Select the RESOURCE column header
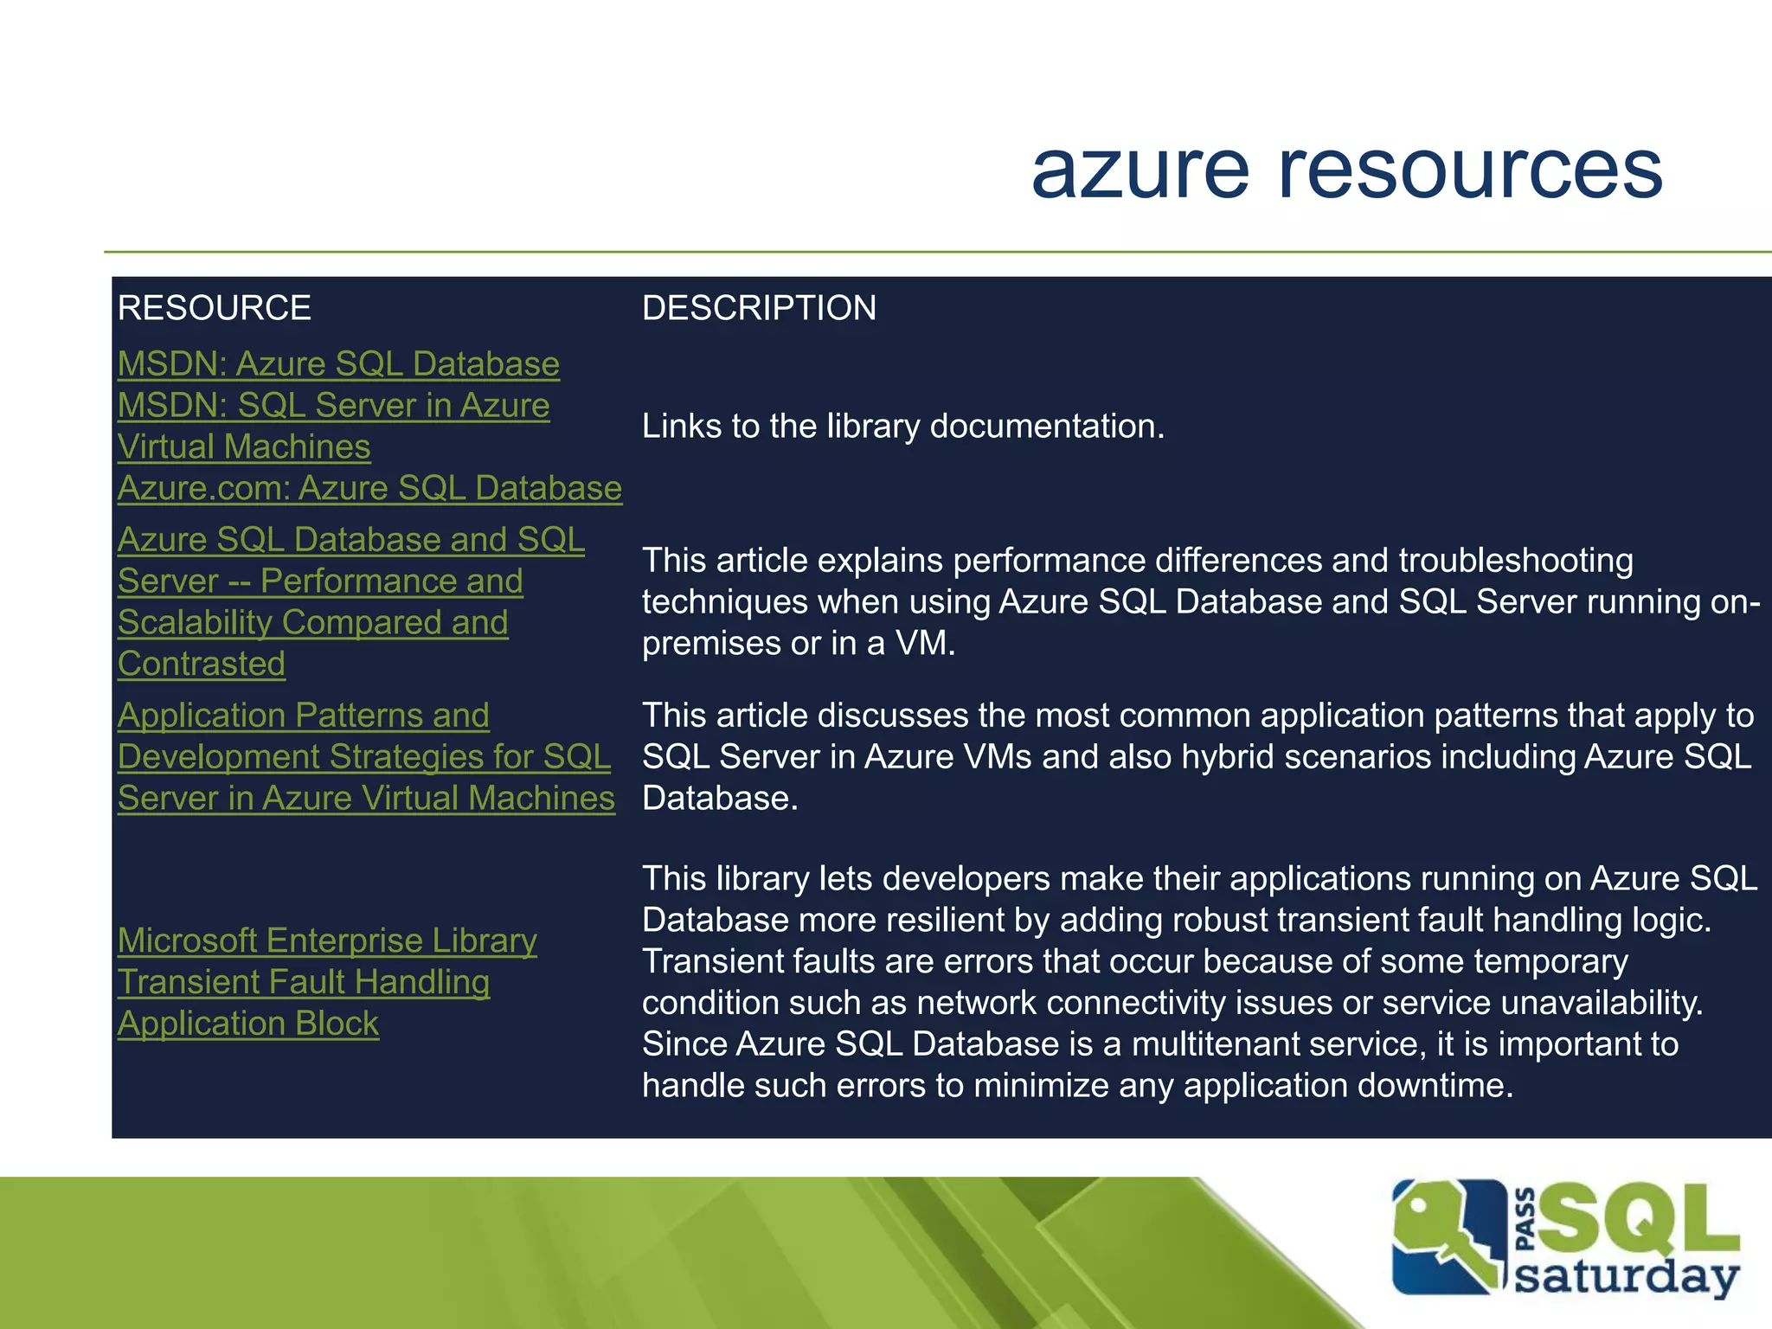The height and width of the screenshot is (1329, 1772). click(215, 308)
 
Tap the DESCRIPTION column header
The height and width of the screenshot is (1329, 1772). click(759, 308)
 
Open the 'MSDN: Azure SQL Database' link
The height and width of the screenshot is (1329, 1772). click(338, 364)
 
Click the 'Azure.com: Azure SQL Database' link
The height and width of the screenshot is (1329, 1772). click(369, 488)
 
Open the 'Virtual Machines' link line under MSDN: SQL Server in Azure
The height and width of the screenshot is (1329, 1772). click(244, 446)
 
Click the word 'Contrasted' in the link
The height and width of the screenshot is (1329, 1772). click(202, 664)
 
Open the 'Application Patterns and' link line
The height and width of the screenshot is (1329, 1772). click(304, 716)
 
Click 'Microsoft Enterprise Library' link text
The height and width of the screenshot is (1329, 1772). click(327, 941)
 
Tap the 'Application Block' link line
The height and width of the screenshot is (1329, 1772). click(248, 1024)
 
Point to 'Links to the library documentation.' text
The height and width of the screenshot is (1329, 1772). click(903, 426)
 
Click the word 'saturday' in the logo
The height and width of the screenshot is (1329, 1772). click(1627, 1278)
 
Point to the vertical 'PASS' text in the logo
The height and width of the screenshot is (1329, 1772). click(1527, 1219)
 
